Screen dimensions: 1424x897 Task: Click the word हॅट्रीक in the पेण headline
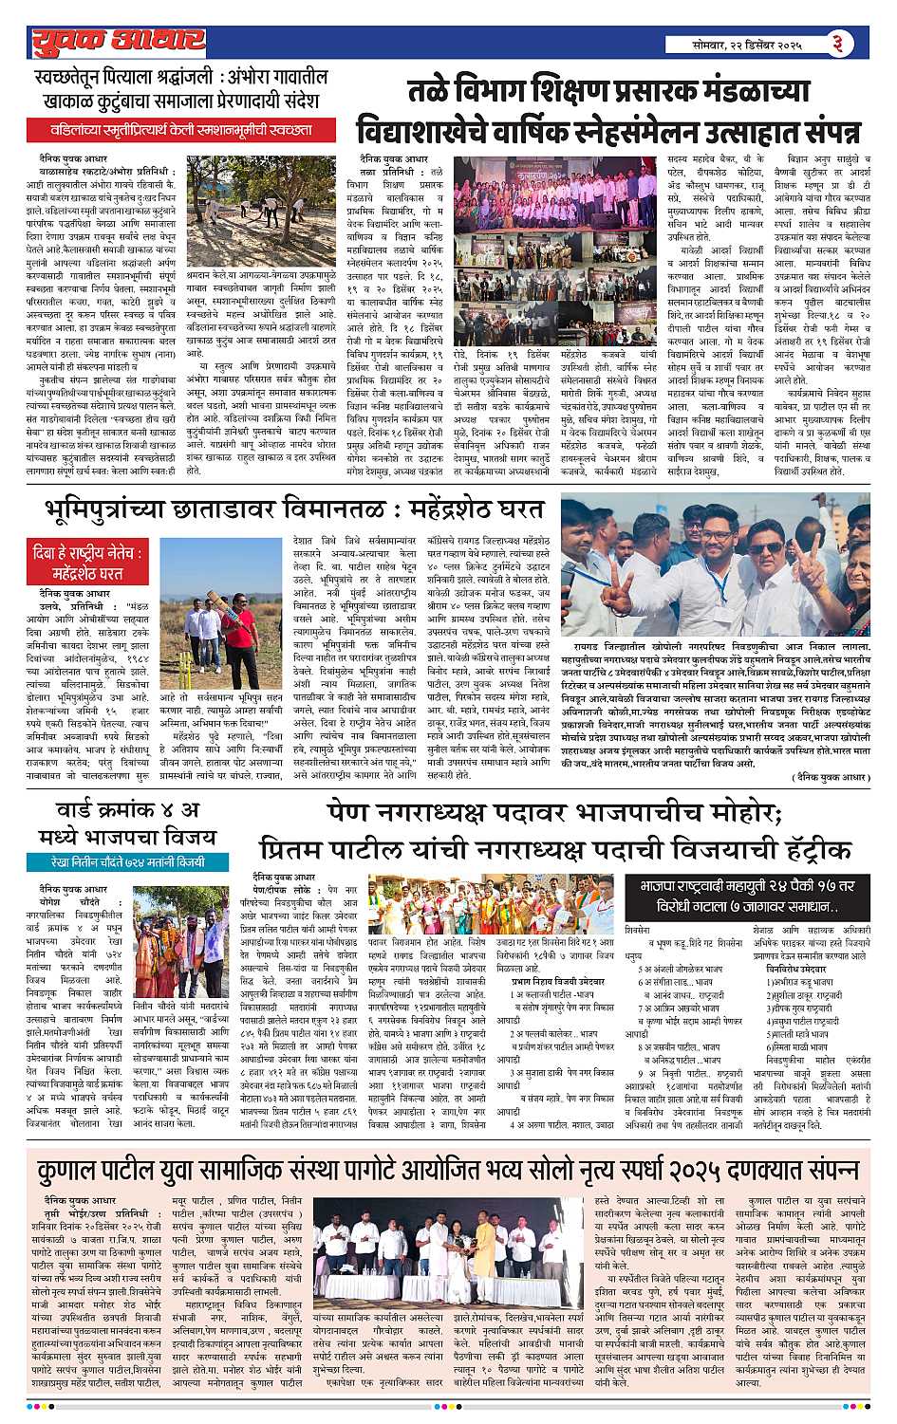806,847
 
